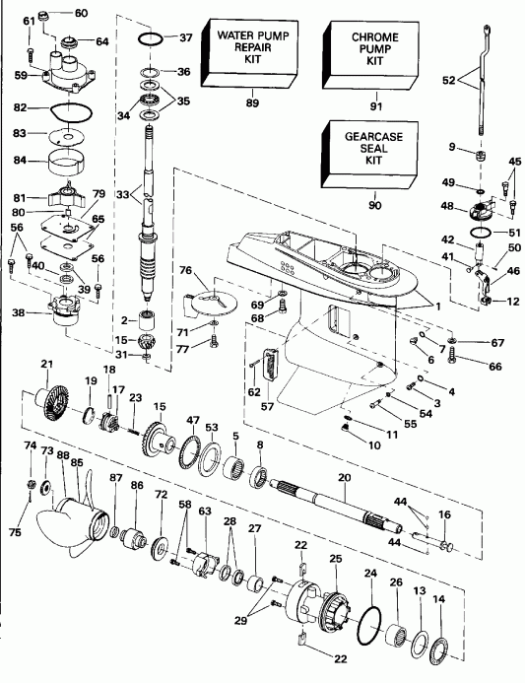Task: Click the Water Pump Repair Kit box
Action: tap(250, 51)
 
